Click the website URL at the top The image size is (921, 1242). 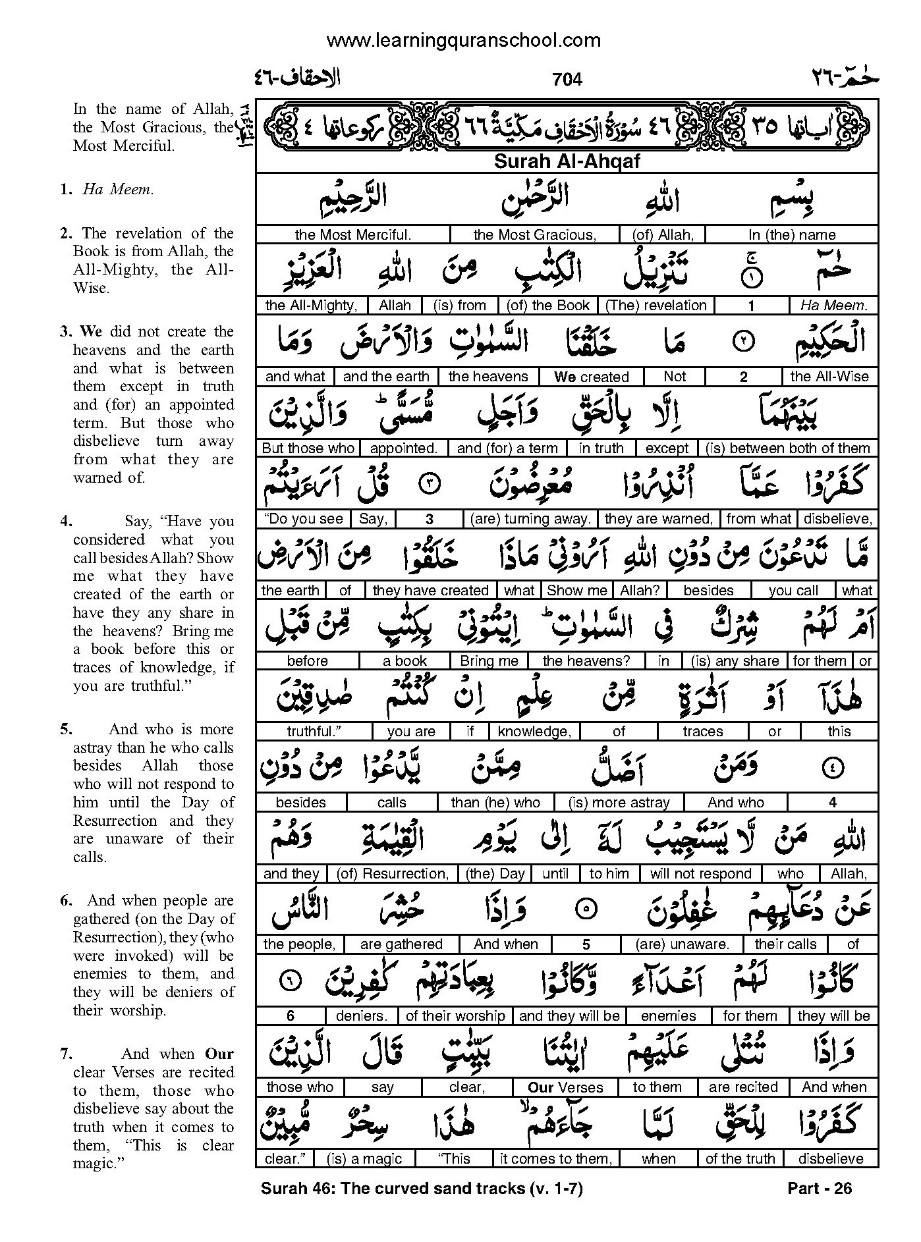click(x=463, y=41)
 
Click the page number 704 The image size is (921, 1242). click(x=567, y=80)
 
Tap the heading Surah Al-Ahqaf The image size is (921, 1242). click(x=567, y=162)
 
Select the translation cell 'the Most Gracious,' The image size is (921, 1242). click(x=534, y=234)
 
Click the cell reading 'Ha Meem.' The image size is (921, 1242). click(x=834, y=306)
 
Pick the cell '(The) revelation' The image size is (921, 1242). click(x=656, y=306)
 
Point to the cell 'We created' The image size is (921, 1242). click(x=591, y=377)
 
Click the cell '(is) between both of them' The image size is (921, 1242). click(x=787, y=448)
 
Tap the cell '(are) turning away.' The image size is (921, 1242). click(x=530, y=519)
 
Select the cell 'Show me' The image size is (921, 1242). click(x=577, y=590)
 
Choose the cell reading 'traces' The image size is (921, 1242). click(x=703, y=732)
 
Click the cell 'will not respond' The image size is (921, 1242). click(x=700, y=874)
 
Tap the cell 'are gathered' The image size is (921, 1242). click(x=401, y=944)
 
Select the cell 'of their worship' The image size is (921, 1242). click(x=455, y=1016)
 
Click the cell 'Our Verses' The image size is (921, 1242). click(x=565, y=1087)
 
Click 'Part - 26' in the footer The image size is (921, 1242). click(x=820, y=1188)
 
